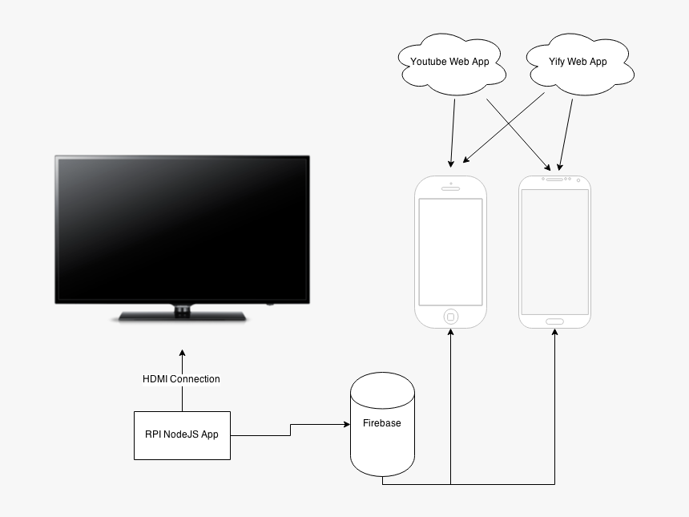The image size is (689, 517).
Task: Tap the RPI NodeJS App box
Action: (182, 435)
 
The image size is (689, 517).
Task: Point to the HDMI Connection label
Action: (181, 379)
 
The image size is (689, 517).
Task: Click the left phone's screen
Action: (450, 251)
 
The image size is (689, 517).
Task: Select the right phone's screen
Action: (554, 252)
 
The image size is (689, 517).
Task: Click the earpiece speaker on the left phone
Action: (450, 190)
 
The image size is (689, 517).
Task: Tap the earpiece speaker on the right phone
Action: (554, 180)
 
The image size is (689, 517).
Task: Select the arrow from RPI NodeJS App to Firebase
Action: (290, 430)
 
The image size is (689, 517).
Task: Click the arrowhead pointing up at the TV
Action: (182, 354)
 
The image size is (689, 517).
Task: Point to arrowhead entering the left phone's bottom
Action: (450, 333)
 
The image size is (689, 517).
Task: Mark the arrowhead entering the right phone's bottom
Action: (554, 333)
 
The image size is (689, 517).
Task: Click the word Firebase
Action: (382, 423)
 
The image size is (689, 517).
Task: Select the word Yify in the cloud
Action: (557, 62)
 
